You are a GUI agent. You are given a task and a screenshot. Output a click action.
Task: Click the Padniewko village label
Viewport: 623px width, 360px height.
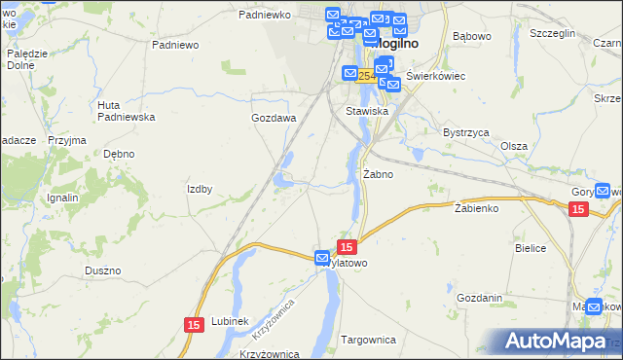265,16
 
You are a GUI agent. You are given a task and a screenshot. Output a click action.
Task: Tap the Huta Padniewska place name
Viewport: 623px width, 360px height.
126,110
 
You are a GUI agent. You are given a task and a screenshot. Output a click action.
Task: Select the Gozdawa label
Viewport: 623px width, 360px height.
274,118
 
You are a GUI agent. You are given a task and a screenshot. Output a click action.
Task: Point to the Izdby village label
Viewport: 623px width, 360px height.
200,189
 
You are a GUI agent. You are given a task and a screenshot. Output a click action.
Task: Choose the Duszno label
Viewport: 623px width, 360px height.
102,270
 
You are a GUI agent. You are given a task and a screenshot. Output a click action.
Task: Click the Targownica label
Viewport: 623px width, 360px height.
369,340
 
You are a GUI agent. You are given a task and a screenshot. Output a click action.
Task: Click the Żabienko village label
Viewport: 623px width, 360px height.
476,207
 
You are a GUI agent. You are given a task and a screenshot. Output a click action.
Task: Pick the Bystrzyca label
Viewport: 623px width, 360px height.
465,131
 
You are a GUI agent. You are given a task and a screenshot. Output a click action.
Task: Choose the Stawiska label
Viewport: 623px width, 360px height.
367,112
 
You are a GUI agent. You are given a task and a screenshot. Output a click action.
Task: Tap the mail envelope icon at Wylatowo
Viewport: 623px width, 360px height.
322,258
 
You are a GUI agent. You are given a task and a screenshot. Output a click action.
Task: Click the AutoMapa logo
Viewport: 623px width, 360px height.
563,342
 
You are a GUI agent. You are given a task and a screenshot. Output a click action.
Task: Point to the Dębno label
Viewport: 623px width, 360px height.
119,154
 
